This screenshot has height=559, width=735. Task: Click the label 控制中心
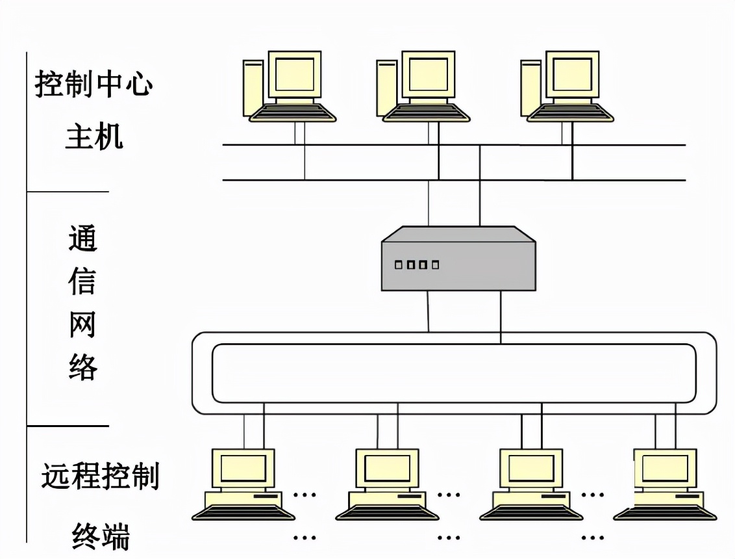(93, 84)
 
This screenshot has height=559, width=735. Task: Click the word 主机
(94, 137)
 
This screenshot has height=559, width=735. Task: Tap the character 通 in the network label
(82, 239)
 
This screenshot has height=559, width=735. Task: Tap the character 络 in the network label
(82, 367)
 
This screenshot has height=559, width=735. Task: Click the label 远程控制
(100, 476)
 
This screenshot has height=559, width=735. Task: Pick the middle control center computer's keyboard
(427, 113)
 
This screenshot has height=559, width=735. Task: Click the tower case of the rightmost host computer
(530, 88)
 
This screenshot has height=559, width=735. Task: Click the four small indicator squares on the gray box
(417, 265)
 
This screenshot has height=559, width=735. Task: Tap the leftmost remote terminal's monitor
(243, 468)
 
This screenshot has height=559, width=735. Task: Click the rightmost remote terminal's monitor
(665, 468)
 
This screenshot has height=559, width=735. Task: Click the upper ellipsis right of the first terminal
(305, 494)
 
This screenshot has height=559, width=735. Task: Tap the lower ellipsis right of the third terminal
(592, 538)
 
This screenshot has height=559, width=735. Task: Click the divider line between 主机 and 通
(68, 192)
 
